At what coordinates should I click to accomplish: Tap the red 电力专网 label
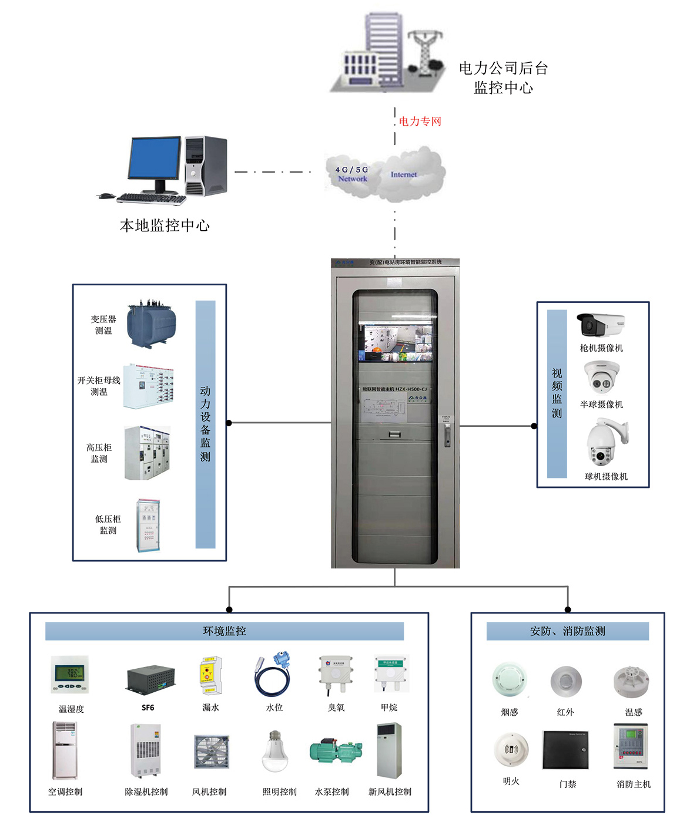coord(420,122)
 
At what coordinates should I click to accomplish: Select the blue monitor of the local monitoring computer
coord(155,159)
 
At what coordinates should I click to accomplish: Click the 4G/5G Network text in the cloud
coord(352,174)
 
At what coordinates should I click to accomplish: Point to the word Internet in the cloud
coord(404,174)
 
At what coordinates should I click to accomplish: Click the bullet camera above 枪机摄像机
coord(600,324)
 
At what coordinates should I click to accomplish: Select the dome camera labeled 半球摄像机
coord(601,378)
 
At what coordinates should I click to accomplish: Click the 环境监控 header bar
coord(225,631)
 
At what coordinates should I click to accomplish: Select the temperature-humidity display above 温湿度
coord(70,675)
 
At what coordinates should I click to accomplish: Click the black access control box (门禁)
coord(565,750)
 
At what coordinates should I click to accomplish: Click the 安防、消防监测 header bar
coord(567,631)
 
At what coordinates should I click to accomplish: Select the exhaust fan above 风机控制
coord(211,752)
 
